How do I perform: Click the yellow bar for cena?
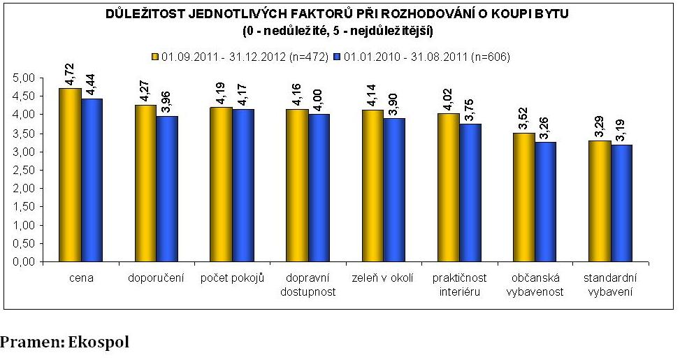coord(69,175)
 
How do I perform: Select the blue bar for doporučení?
coord(166,189)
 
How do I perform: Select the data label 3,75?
coord(470,110)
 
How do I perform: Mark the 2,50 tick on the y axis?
coord(24,170)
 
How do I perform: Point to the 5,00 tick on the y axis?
coord(24,78)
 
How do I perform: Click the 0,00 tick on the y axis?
coord(24,263)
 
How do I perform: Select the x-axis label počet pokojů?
coord(231,279)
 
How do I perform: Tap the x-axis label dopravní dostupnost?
coord(307,285)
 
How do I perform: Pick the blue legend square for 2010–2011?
coord(338,56)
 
